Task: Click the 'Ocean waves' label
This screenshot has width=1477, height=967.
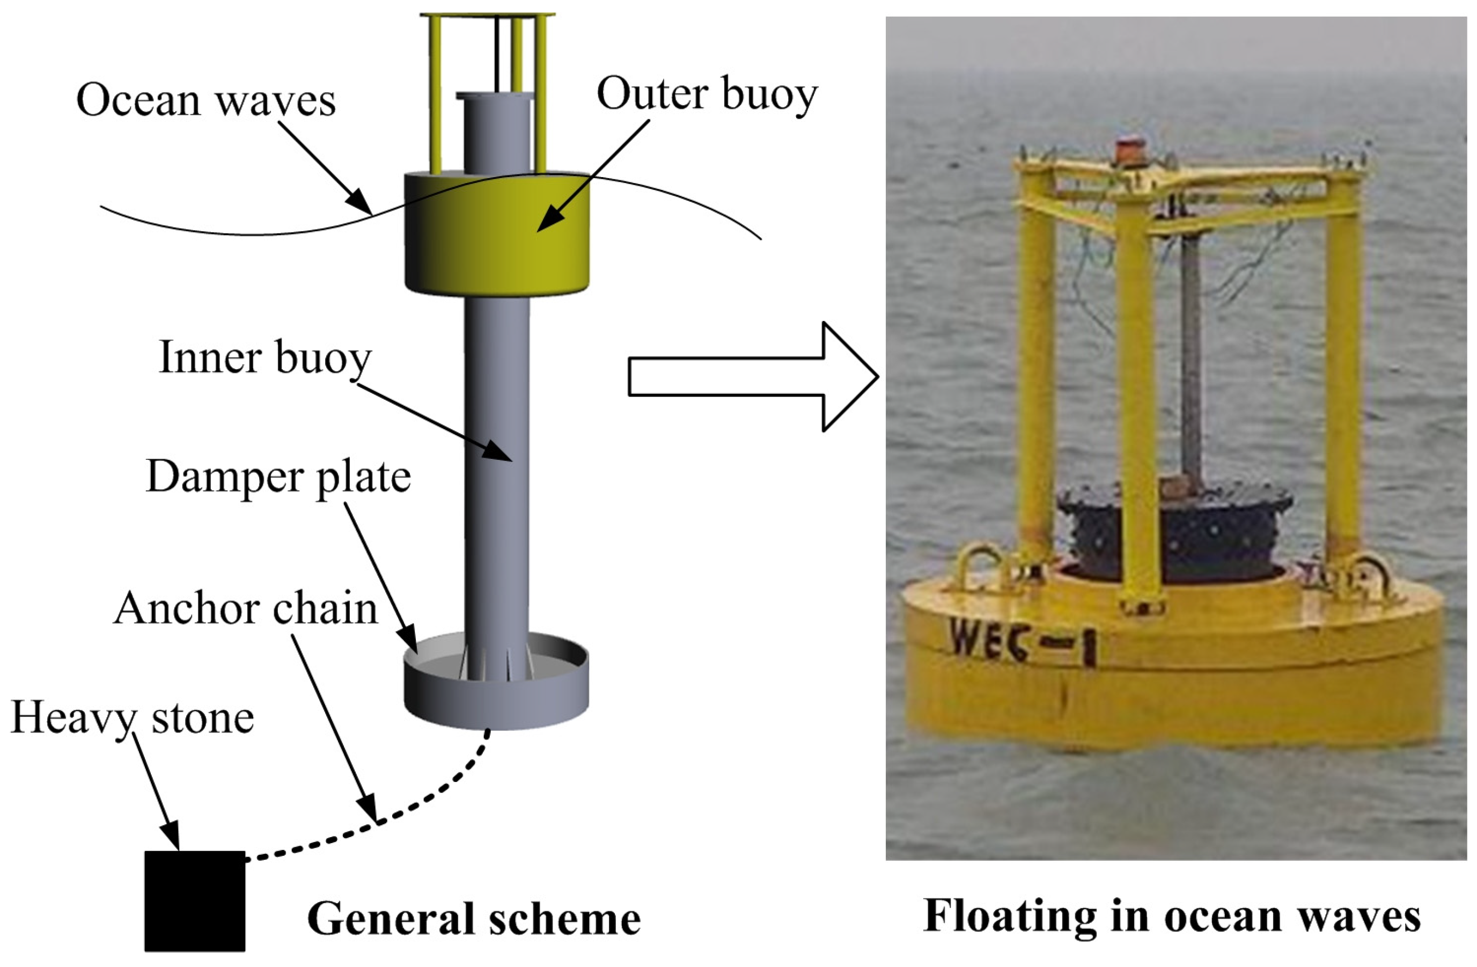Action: [x=205, y=100]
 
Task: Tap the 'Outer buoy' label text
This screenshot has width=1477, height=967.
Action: [x=707, y=94]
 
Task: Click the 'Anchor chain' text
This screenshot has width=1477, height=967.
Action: [x=246, y=609]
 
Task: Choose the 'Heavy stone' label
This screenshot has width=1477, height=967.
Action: [x=132, y=718]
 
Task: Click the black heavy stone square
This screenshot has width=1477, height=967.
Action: [x=194, y=900]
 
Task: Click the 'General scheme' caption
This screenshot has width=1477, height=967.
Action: [x=474, y=919]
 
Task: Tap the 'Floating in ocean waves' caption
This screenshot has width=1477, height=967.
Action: [x=1172, y=916]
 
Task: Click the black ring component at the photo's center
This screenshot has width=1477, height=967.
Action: [x=1173, y=534]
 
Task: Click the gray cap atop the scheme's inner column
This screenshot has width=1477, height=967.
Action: [x=495, y=96]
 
